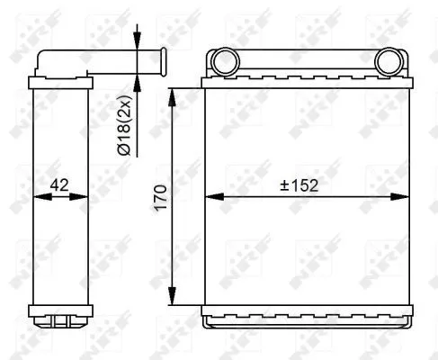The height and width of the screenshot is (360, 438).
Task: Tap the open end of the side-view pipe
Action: pos(165,64)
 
